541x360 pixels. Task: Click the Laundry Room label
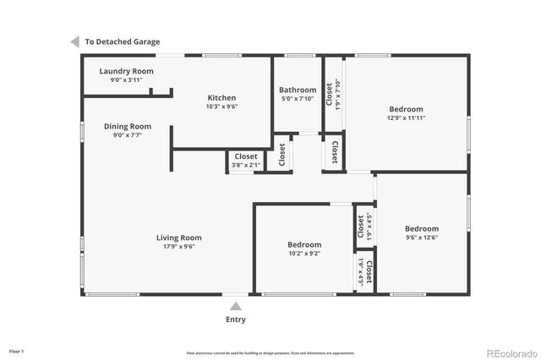tap(125, 71)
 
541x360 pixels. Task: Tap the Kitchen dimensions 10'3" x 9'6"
tap(221, 107)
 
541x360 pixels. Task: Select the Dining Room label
tap(128, 126)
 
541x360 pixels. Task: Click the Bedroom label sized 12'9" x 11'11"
tap(407, 108)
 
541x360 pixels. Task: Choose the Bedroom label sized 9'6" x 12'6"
tap(421, 228)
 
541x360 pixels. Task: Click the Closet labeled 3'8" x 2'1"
tap(246, 156)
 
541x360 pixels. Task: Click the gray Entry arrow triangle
tap(236, 306)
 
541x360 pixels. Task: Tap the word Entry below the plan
tap(236, 319)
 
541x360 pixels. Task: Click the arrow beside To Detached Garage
tap(75, 41)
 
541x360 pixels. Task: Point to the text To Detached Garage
tap(122, 41)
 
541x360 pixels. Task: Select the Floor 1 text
tap(17, 351)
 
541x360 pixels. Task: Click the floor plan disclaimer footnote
tap(270, 352)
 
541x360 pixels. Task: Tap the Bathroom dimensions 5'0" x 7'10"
tap(298, 98)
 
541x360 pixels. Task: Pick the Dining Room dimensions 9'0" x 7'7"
tap(128, 135)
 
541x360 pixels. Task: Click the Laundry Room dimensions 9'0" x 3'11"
tap(125, 80)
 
